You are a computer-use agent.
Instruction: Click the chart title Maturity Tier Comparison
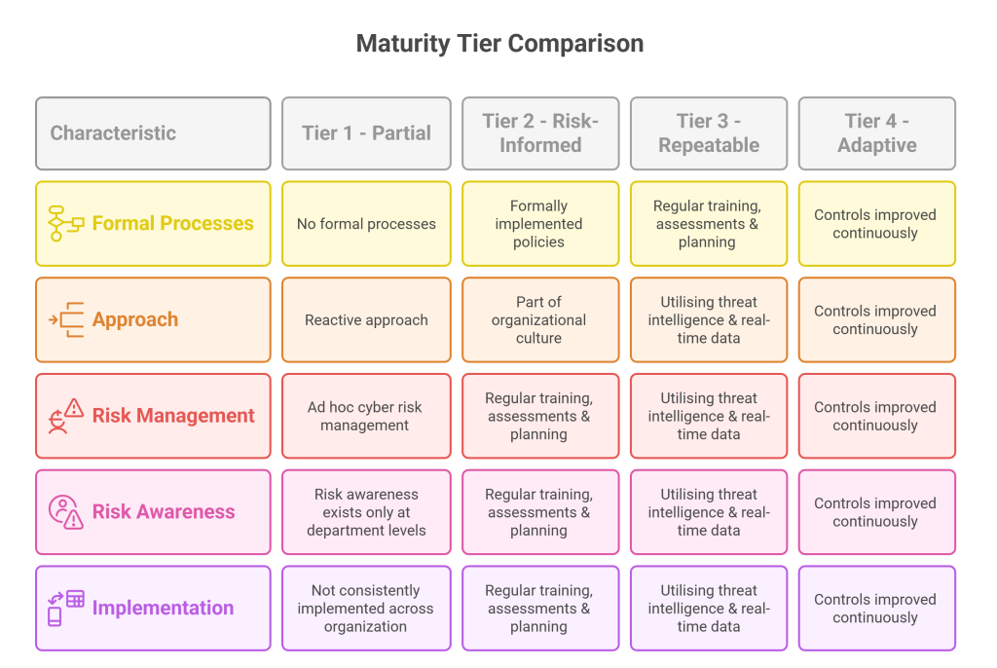pos(499,43)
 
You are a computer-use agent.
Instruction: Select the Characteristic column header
pos(153,133)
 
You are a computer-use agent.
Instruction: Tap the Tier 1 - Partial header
pos(366,133)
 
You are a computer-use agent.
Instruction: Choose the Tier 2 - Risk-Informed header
pos(540,133)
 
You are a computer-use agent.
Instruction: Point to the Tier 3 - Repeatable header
pos(709,133)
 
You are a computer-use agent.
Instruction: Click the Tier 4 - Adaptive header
pos(877,133)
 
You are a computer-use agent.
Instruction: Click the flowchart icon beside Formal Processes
pos(65,223)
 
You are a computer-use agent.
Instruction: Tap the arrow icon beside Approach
pos(65,319)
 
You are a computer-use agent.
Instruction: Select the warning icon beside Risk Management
pos(65,416)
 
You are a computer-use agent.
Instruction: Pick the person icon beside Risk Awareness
pos(65,511)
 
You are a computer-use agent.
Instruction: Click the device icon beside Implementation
pos(65,608)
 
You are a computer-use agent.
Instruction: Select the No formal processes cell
pos(366,224)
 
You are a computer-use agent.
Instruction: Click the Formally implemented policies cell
pos(540,224)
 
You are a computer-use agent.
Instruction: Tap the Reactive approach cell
pos(366,320)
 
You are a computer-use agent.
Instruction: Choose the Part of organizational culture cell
pos(540,320)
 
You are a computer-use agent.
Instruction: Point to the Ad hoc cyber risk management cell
pos(366,416)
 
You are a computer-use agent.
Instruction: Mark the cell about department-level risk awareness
pos(366,512)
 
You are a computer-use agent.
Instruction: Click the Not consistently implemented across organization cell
pos(366,609)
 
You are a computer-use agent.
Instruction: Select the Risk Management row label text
pos(173,416)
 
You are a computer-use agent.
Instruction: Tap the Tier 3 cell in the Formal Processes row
pos(709,224)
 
